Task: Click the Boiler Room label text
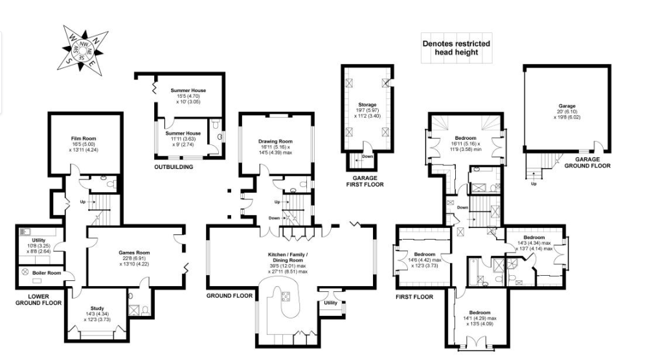(x=47, y=273)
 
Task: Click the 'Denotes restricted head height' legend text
(x=457, y=48)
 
